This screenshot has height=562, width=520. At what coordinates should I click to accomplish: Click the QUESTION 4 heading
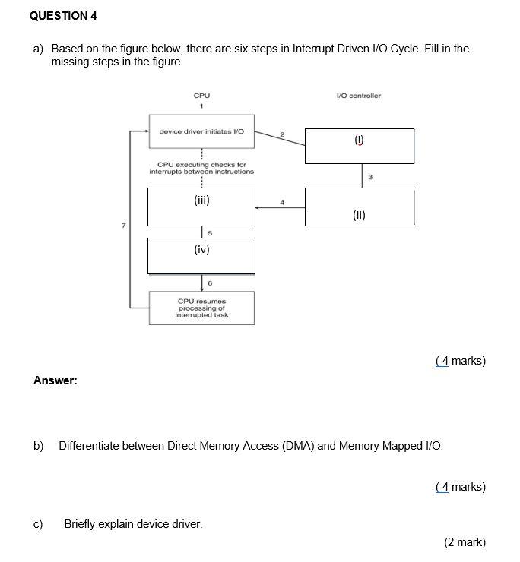(x=64, y=15)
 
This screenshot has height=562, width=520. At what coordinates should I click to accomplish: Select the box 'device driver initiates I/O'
(x=201, y=131)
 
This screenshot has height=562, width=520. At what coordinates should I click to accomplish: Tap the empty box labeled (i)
(x=360, y=146)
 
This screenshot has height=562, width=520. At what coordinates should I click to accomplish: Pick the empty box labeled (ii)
(x=360, y=207)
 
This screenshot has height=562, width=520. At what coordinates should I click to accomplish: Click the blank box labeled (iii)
(x=201, y=207)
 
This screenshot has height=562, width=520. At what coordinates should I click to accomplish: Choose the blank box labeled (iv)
(x=201, y=255)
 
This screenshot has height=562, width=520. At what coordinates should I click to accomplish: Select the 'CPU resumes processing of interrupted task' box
(x=201, y=308)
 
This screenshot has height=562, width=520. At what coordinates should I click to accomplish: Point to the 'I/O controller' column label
(x=358, y=96)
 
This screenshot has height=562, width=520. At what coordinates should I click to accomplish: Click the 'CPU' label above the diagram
(x=201, y=96)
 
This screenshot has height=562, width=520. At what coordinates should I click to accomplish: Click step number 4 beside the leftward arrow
(x=281, y=202)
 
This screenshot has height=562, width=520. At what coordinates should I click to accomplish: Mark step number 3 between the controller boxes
(x=370, y=177)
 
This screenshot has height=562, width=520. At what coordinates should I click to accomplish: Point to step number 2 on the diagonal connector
(x=281, y=134)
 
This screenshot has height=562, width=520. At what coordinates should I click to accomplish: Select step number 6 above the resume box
(x=210, y=283)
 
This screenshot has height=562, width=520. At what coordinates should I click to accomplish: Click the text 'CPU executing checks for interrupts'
(x=201, y=168)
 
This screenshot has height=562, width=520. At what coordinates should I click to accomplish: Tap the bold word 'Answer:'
(x=55, y=380)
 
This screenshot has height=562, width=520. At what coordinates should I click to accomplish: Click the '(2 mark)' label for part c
(x=465, y=542)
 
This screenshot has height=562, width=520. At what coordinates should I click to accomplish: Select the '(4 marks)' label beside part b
(x=461, y=487)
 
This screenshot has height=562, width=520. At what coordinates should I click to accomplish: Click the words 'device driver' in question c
(x=168, y=523)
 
